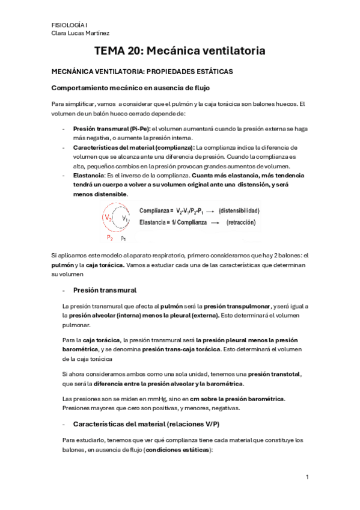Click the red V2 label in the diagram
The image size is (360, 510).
(108, 217)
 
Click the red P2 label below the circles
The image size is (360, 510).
(109, 238)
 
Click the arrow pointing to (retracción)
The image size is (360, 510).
(212, 222)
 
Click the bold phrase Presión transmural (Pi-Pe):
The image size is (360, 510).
(111, 129)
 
